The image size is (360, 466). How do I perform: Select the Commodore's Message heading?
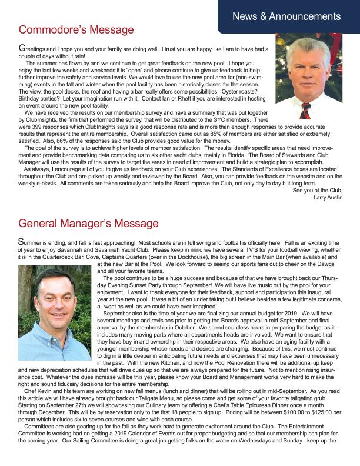tap(76, 29)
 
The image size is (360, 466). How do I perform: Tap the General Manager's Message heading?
tap(88, 224)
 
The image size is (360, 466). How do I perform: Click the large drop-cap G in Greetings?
tap(22, 48)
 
